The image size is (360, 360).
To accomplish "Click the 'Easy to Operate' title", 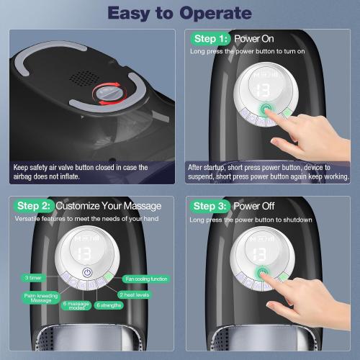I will coord(179,12).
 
